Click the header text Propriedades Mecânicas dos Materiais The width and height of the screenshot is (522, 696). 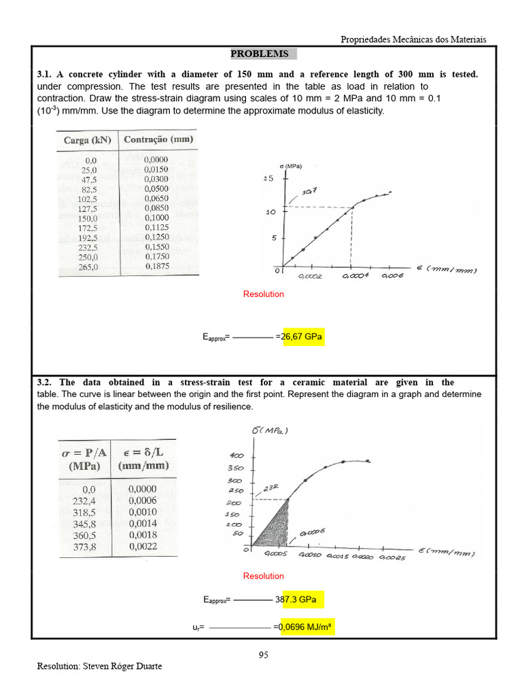pyautogui.click(x=413, y=39)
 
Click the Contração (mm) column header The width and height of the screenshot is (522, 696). pyautogui.click(x=158, y=139)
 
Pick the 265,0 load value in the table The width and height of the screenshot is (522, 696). pyautogui.click(x=89, y=267)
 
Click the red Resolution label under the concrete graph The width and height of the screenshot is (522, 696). pyautogui.click(x=263, y=294)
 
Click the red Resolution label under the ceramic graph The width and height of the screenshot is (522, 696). pyautogui.click(x=263, y=576)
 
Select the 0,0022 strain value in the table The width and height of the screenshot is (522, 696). pyautogui.click(x=142, y=546)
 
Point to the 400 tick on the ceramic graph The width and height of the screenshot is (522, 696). pyautogui.click(x=236, y=455)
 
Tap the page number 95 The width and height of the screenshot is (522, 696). pyautogui.click(x=264, y=655)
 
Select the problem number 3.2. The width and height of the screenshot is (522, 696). pyautogui.click(x=45, y=383)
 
